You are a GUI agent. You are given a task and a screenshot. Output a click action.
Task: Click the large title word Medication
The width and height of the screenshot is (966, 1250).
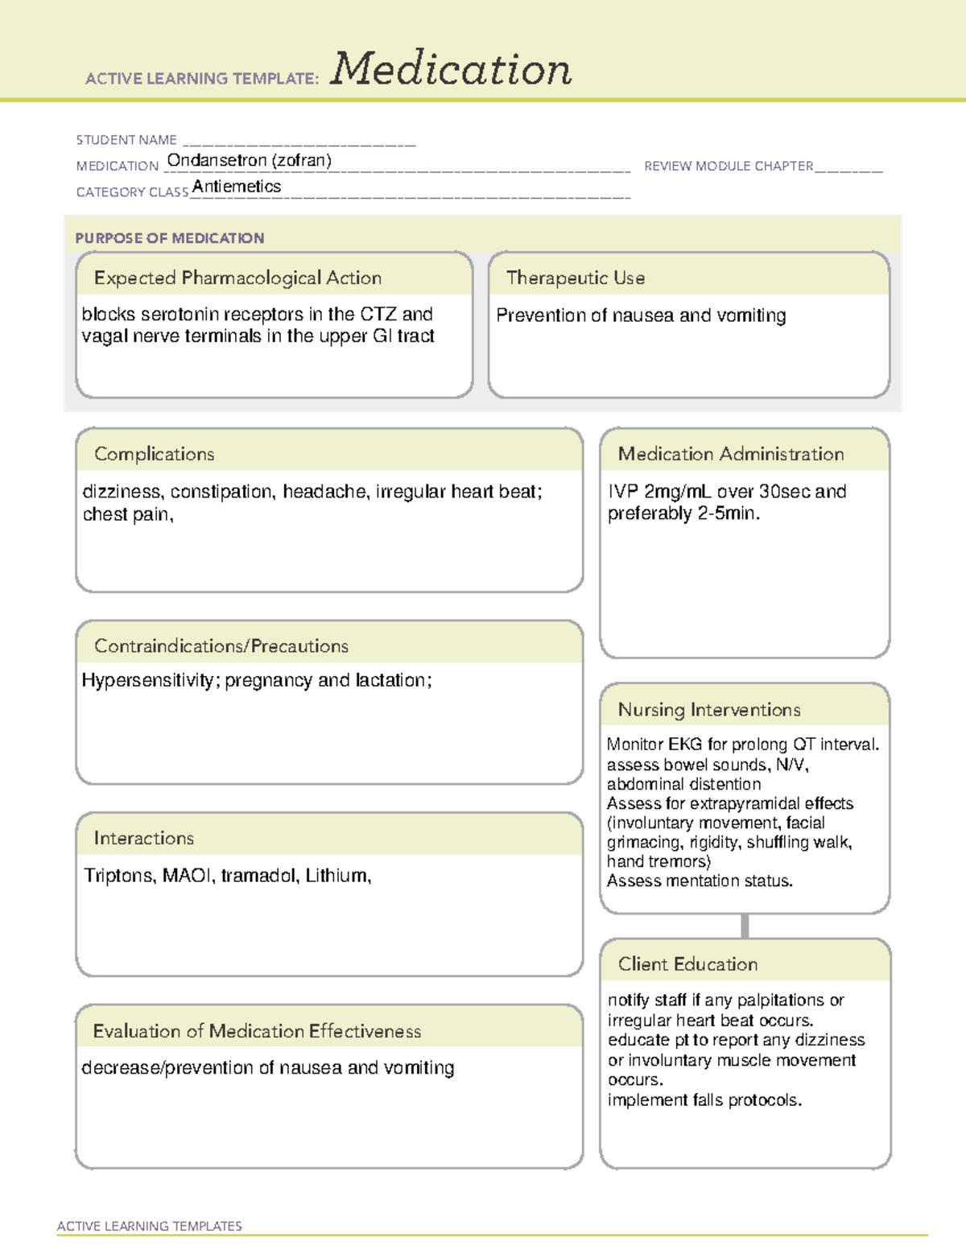click(451, 69)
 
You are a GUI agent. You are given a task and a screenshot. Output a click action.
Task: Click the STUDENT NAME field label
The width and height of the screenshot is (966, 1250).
click(126, 140)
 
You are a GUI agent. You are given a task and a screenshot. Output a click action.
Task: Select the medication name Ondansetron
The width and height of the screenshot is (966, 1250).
click(217, 160)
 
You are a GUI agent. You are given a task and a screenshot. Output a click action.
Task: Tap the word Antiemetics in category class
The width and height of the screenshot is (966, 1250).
click(237, 187)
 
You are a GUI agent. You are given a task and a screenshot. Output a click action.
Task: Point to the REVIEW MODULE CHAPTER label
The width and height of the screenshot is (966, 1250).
click(729, 166)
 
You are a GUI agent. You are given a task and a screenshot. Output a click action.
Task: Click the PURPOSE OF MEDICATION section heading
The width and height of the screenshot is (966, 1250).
click(169, 238)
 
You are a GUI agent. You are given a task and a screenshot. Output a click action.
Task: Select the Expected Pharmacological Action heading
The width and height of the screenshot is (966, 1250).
click(237, 278)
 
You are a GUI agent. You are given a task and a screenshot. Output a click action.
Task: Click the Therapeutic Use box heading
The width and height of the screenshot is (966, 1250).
click(575, 278)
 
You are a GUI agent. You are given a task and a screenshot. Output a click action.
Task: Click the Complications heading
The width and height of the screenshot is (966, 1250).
click(154, 454)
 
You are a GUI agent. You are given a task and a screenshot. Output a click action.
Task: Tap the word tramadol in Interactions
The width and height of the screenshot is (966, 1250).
click(258, 876)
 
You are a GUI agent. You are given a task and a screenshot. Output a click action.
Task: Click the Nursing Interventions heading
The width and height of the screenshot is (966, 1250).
click(708, 710)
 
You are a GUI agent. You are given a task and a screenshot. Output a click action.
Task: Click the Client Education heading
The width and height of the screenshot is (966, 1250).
click(687, 964)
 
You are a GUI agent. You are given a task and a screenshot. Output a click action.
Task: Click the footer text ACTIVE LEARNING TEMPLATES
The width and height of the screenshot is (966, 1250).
click(149, 1226)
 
